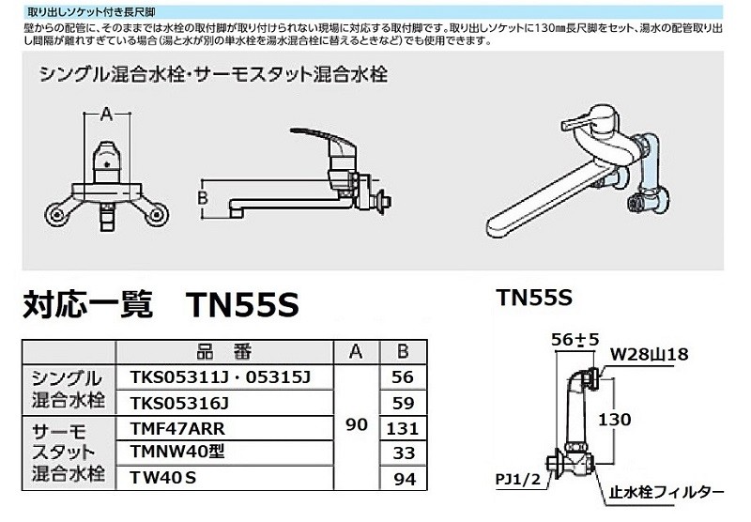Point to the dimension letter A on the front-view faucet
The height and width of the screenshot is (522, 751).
(106, 115)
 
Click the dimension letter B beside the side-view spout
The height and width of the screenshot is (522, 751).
(200, 196)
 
